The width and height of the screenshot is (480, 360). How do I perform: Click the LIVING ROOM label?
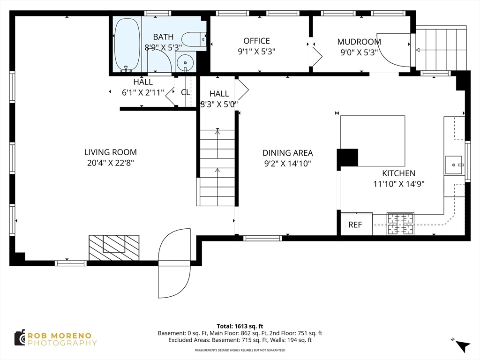click(x=111, y=152)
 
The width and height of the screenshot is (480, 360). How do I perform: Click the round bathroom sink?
click(x=185, y=62)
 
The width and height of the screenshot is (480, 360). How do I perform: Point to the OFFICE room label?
click(x=256, y=41)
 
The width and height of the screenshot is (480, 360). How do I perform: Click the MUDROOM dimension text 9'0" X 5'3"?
click(x=359, y=52)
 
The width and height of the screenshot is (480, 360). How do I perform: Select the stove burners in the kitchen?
click(x=400, y=224)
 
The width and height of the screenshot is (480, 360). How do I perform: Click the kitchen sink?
click(x=454, y=165)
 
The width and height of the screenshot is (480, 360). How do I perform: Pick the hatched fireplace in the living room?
click(x=114, y=247)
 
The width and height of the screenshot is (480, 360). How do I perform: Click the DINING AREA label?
click(x=288, y=153)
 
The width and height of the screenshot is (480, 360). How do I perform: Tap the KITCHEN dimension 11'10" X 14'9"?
click(x=398, y=184)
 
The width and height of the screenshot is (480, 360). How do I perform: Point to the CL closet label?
click(x=186, y=92)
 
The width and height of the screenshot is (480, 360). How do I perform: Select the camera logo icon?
click(x=20, y=338)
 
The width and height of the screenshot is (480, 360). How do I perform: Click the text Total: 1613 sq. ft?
click(x=240, y=326)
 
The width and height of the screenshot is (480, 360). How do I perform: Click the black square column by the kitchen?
click(x=347, y=157)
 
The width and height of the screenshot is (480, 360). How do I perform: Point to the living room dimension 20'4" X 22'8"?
click(x=111, y=163)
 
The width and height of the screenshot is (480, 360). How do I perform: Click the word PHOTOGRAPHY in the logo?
click(x=62, y=343)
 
